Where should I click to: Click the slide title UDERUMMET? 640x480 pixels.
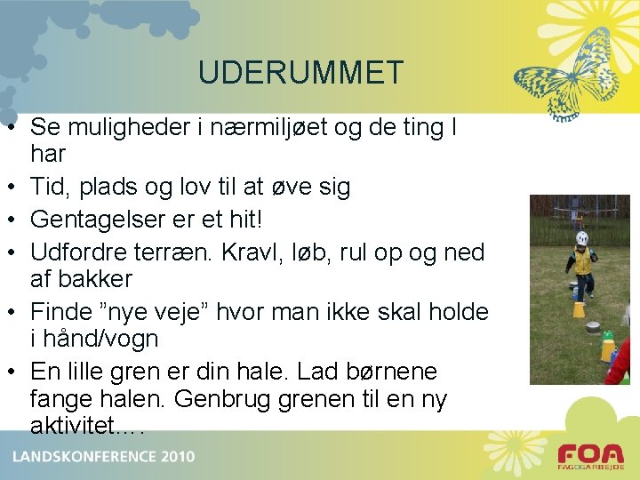301,73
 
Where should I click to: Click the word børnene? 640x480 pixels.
396,371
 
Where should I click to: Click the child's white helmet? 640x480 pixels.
582,238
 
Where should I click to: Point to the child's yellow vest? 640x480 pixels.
582,262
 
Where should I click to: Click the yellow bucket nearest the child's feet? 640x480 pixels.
579,308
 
